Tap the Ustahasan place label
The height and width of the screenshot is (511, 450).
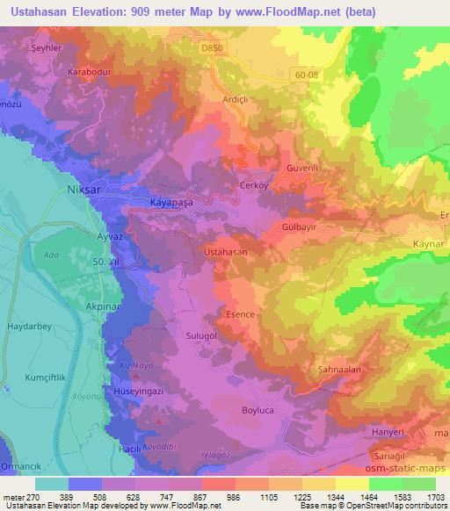[226, 251]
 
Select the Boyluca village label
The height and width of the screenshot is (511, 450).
[258, 409]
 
